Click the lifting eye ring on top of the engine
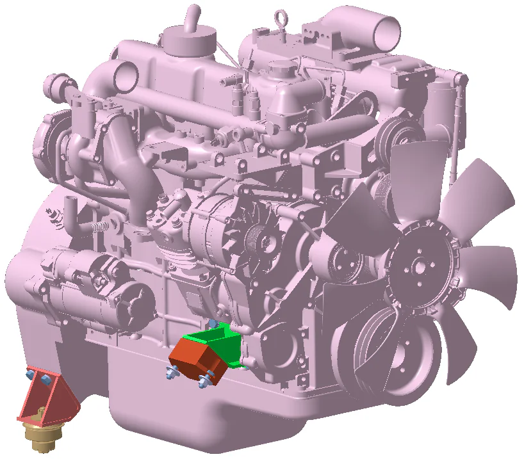point(282,16)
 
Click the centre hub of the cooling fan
point(416,269)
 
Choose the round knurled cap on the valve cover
point(280,67)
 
